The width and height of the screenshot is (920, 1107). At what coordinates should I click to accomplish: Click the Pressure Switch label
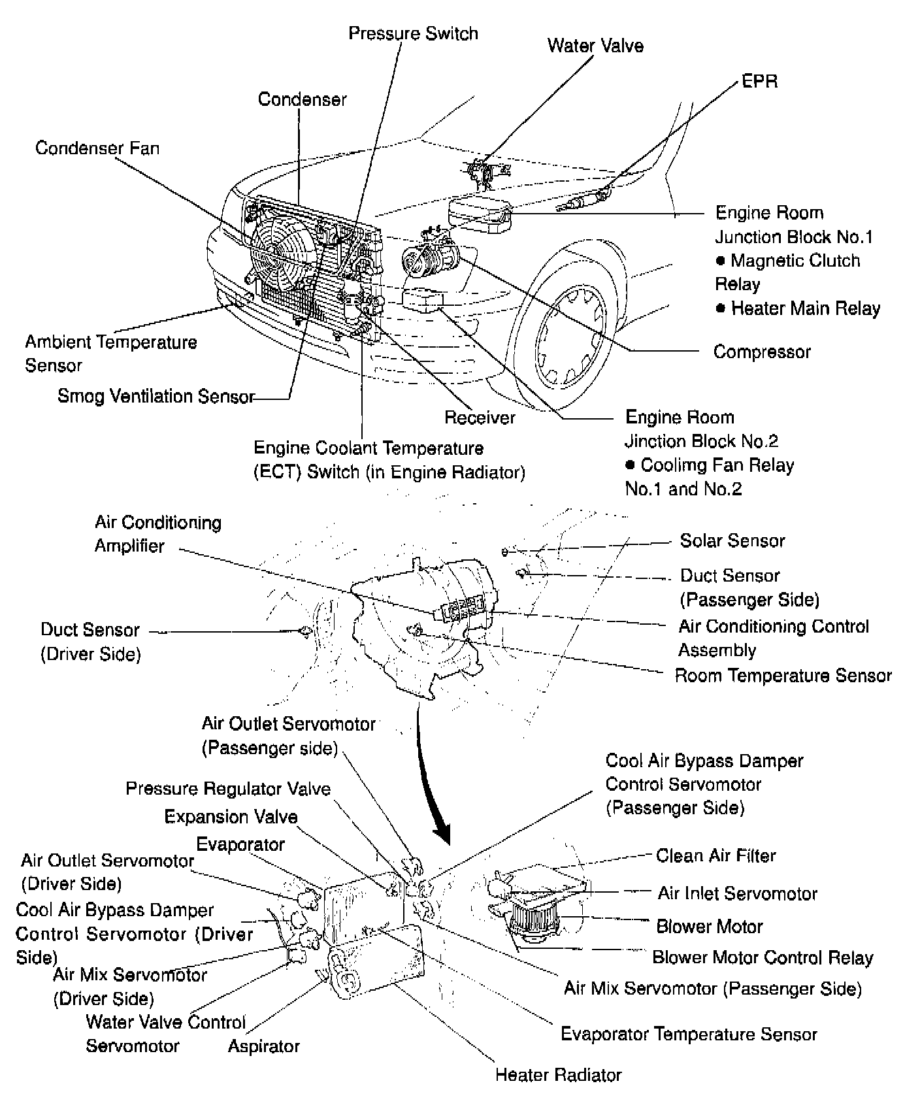pyautogui.click(x=413, y=33)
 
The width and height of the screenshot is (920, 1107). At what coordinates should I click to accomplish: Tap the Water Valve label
pyautogui.click(x=595, y=46)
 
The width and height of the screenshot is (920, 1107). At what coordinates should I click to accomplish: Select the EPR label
pyautogui.click(x=760, y=81)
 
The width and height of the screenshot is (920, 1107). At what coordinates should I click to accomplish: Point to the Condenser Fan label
pyautogui.click(x=97, y=148)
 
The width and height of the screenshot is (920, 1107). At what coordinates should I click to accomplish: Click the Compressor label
pyautogui.click(x=762, y=352)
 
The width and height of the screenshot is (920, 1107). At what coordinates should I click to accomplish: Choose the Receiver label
pyautogui.click(x=480, y=417)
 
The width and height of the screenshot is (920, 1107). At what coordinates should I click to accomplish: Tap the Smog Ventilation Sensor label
pyautogui.click(x=156, y=396)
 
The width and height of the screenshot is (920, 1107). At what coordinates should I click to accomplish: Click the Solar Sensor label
pyautogui.click(x=732, y=540)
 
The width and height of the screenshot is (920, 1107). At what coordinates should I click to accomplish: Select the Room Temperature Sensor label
pyautogui.click(x=783, y=675)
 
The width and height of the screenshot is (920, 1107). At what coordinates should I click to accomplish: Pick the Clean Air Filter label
pyautogui.click(x=716, y=855)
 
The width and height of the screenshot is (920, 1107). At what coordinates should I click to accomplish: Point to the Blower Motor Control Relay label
pyautogui.click(x=763, y=957)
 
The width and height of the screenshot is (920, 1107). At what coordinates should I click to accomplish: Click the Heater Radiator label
pyautogui.click(x=558, y=1074)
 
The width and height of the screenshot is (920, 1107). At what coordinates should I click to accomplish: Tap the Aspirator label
pyautogui.click(x=263, y=1046)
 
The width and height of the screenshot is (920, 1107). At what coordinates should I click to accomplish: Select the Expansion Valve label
pyautogui.click(x=231, y=817)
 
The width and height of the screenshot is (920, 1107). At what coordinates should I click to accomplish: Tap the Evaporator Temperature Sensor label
pyautogui.click(x=689, y=1034)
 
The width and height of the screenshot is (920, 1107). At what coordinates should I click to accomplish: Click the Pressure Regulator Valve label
pyautogui.click(x=228, y=789)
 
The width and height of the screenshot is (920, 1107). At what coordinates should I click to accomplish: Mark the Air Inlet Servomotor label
pyautogui.click(x=737, y=893)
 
